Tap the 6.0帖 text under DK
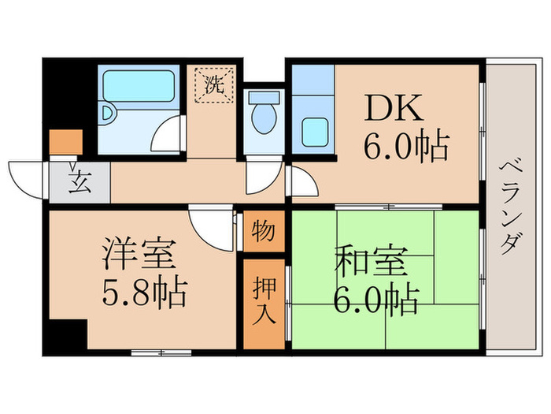[x=405, y=147]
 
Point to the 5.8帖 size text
[x=145, y=293]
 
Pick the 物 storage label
[x=263, y=232]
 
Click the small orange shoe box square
[x=65, y=142]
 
